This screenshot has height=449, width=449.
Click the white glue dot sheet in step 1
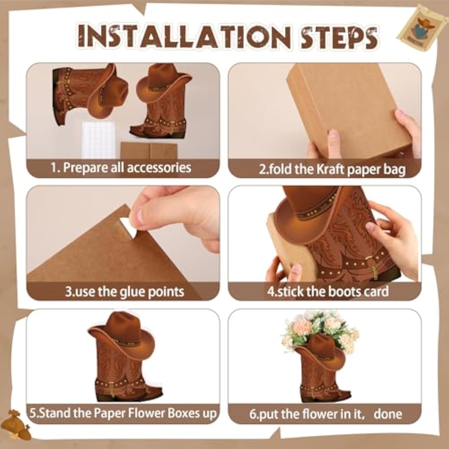98,139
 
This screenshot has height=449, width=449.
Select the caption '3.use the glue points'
124,292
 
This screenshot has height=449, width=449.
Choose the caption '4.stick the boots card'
328,292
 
